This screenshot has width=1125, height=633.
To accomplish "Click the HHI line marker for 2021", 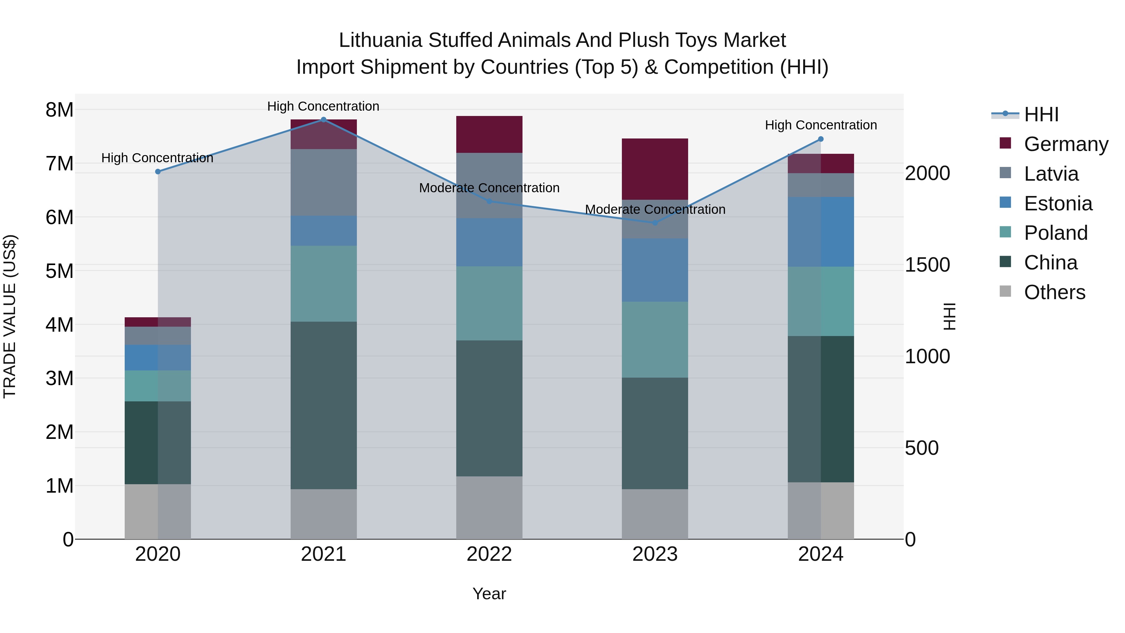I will click(x=324, y=119).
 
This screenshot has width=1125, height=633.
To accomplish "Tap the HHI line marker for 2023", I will click(x=655, y=223).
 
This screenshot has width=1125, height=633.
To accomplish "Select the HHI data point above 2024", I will click(x=821, y=139).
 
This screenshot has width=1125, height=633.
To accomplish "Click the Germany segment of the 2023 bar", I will click(x=655, y=169).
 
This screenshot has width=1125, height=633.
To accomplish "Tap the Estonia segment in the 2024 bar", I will click(x=821, y=232).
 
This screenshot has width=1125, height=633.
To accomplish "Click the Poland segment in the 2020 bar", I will click(x=158, y=386).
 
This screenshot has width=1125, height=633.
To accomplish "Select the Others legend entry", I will click(x=1054, y=292).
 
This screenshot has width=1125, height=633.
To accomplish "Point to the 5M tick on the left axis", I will click(x=59, y=271).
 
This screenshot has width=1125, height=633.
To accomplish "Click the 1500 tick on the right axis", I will click(x=927, y=265).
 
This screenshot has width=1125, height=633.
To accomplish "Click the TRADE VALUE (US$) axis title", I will click(x=10, y=316).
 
